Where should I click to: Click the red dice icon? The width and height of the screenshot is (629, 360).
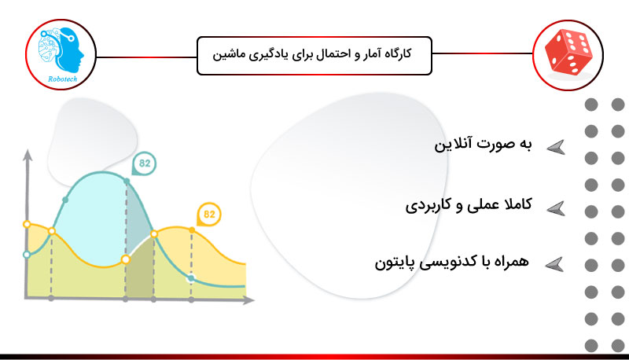tap(568, 53)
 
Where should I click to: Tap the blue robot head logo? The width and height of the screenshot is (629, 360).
tap(61, 50)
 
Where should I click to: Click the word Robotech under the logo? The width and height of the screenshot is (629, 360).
tap(63, 79)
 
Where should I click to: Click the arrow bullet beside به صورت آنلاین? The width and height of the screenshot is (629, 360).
tap(556, 148)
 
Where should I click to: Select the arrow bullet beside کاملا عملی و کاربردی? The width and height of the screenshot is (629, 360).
tap(556, 209)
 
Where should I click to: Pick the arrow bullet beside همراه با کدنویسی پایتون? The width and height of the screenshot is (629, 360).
tap(555, 265)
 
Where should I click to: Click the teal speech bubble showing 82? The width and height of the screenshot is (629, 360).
tap(144, 163)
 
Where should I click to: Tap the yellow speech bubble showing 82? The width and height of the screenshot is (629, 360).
tap(208, 215)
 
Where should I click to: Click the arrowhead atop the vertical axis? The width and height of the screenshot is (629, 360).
tap(28, 155)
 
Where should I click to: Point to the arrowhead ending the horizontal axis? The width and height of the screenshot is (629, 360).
tap(248, 299)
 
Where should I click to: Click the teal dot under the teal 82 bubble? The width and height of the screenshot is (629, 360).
tap(127, 182)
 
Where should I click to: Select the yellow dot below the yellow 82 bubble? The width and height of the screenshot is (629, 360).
tap(192, 230)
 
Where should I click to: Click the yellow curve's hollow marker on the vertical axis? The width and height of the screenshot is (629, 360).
tap(27, 224)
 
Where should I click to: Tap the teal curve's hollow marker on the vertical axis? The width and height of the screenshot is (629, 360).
tap(27, 255)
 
